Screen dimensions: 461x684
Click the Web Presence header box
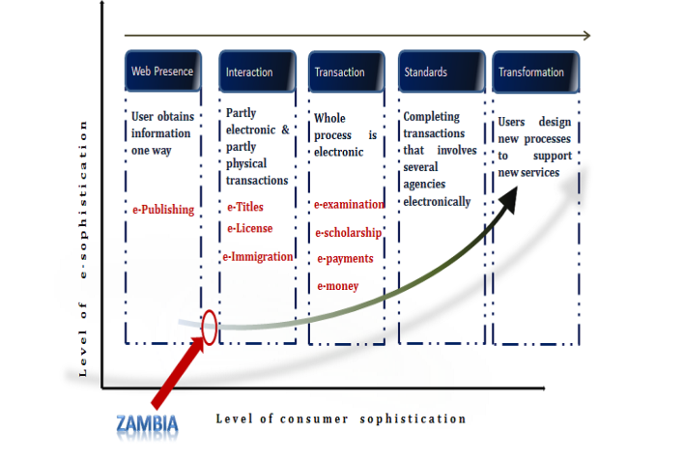[162, 71]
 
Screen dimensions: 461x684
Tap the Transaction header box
[343, 72]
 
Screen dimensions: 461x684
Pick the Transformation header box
[535, 72]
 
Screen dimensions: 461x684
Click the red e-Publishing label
[163, 209]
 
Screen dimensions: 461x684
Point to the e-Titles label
[244, 207]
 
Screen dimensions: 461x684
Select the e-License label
[249, 228]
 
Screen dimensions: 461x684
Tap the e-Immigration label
[257, 256]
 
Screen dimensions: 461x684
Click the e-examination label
[349, 204]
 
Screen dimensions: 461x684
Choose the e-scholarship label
[348, 232]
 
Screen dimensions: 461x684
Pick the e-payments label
[344, 259]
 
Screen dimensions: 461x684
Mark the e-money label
[338, 285]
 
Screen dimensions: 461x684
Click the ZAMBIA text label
[147, 423]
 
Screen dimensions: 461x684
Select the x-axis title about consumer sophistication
[341, 418]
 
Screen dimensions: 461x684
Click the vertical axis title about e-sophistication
[84, 248]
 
